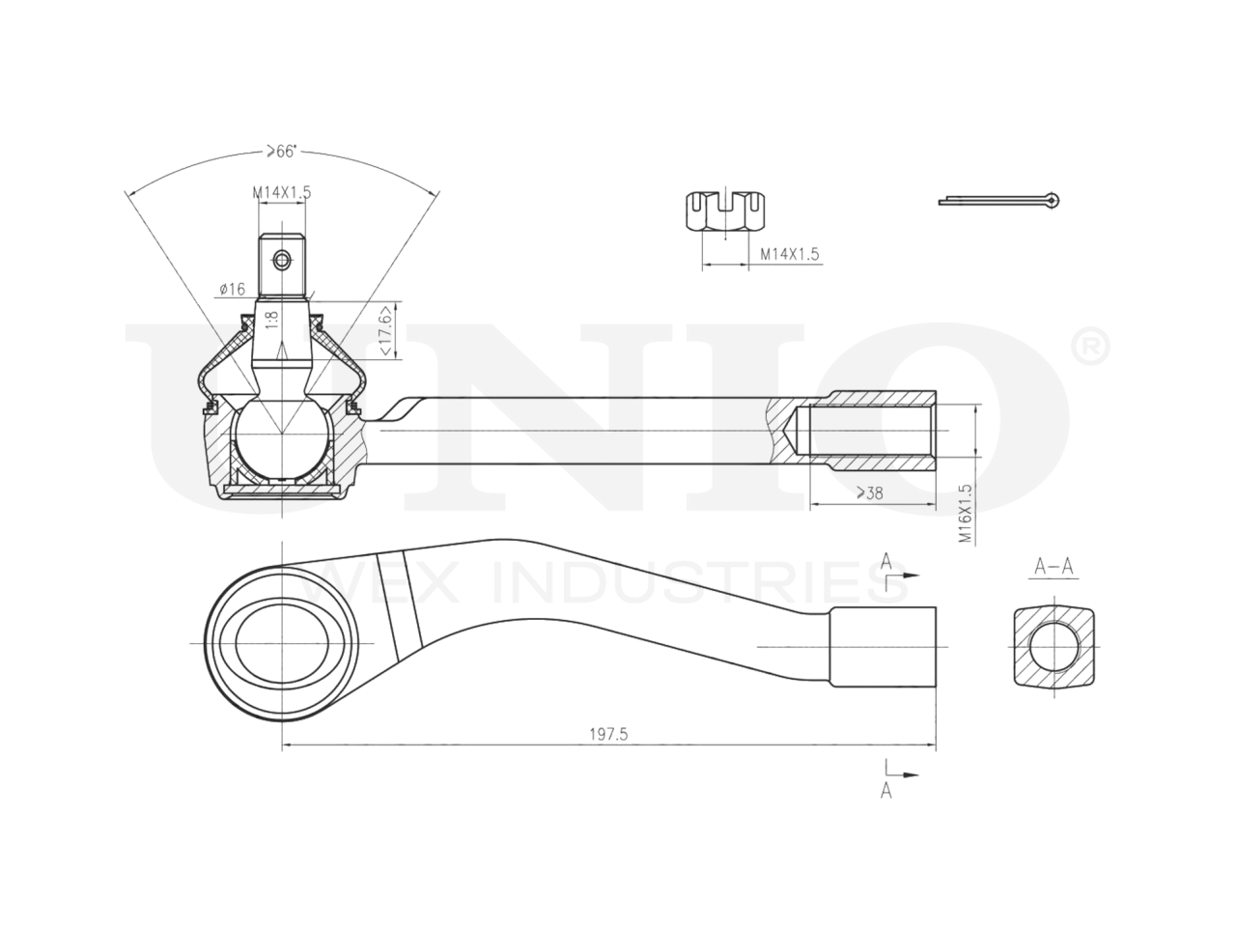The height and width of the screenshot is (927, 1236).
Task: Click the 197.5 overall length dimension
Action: [x=608, y=734]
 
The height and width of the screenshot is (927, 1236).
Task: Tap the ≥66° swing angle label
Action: [x=282, y=152]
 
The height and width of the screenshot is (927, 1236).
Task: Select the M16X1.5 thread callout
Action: [x=967, y=514]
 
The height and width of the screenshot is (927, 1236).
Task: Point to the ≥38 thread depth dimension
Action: [x=870, y=493]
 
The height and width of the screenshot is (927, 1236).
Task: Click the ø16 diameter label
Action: [x=233, y=290]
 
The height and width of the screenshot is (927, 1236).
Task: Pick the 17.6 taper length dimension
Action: [x=385, y=330]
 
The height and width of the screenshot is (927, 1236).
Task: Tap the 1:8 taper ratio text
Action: [x=272, y=322]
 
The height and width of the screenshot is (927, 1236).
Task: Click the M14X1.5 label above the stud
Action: [x=282, y=192]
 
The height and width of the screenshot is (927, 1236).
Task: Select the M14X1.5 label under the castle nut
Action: [x=790, y=254]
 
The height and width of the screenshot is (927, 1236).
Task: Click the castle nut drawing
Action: [x=726, y=211]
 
